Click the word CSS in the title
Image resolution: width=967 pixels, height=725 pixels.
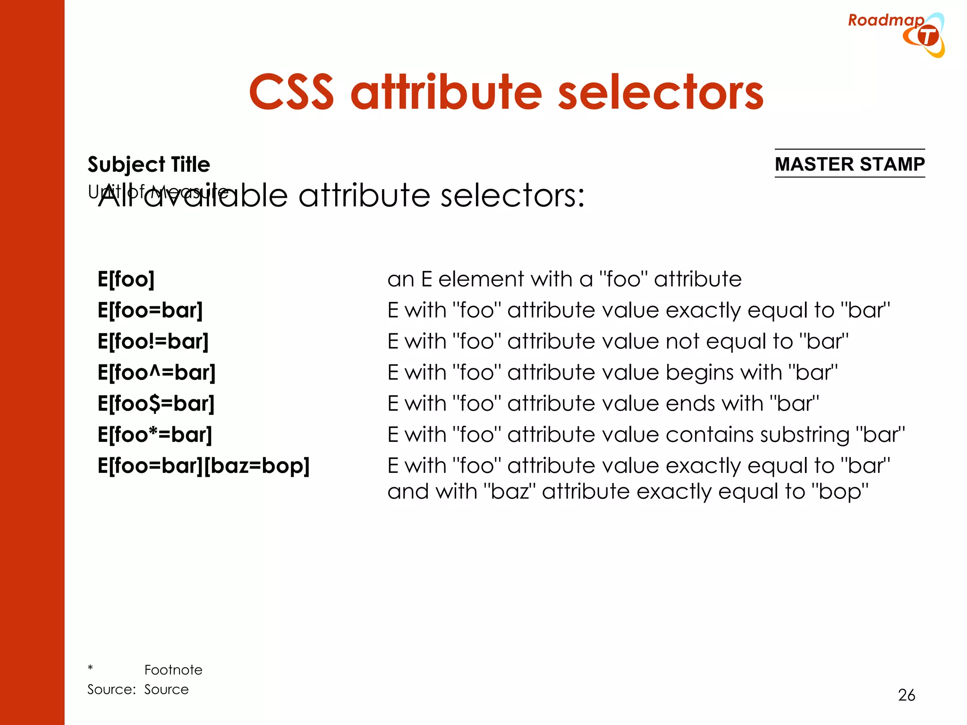coord(291,92)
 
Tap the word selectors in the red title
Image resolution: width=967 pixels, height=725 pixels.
coord(661,92)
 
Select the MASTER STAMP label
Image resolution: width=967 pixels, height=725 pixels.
coord(849,164)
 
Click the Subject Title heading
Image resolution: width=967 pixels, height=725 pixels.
coord(149,164)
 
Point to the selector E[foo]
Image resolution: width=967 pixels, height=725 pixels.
coord(126,279)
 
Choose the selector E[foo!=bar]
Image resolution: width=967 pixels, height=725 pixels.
coord(153,341)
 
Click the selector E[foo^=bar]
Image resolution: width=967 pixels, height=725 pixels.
coord(156,372)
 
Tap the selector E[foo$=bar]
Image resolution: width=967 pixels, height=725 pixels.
coord(156,404)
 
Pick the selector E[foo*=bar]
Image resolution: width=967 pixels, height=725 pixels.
coord(155,435)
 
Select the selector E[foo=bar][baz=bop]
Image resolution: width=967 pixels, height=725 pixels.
coord(204,466)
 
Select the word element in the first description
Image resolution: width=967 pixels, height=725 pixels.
coord(481,279)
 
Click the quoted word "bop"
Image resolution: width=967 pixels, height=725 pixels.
coord(840,492)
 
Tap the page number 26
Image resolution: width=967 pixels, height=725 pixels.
coord(906,695)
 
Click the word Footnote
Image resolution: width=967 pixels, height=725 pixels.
coord(173,670)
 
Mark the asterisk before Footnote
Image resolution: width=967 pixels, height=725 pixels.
coord(90,668)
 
